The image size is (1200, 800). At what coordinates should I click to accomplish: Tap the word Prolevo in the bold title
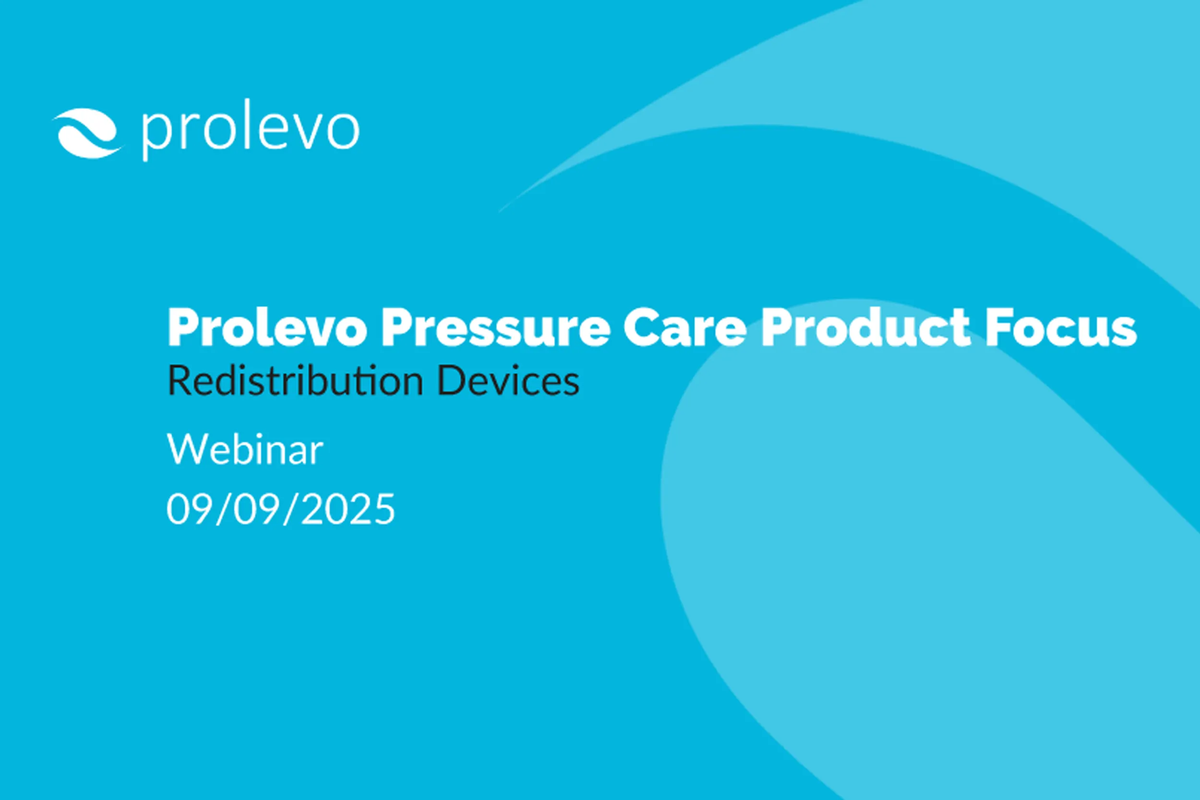tap(267, 328)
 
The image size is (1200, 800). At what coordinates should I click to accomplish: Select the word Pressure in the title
tap(495, 328)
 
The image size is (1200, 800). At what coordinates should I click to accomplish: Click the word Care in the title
tap(684, 328)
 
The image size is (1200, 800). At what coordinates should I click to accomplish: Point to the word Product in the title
tap(865, 328)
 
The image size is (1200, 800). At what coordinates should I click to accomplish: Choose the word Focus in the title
tap(1061, 328)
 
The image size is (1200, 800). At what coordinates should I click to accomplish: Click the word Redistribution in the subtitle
tap(295, 381)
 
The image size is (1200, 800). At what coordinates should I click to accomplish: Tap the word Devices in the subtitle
tap(508, 381)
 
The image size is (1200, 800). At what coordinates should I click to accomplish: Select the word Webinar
tap(245, 450)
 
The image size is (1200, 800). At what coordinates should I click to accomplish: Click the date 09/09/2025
tap(281, 509)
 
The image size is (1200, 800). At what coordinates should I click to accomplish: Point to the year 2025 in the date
tap(348, 509)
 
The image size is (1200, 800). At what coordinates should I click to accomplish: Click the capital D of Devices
tap(449, 381)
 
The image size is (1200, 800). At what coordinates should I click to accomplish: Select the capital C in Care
tap(641, 328)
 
